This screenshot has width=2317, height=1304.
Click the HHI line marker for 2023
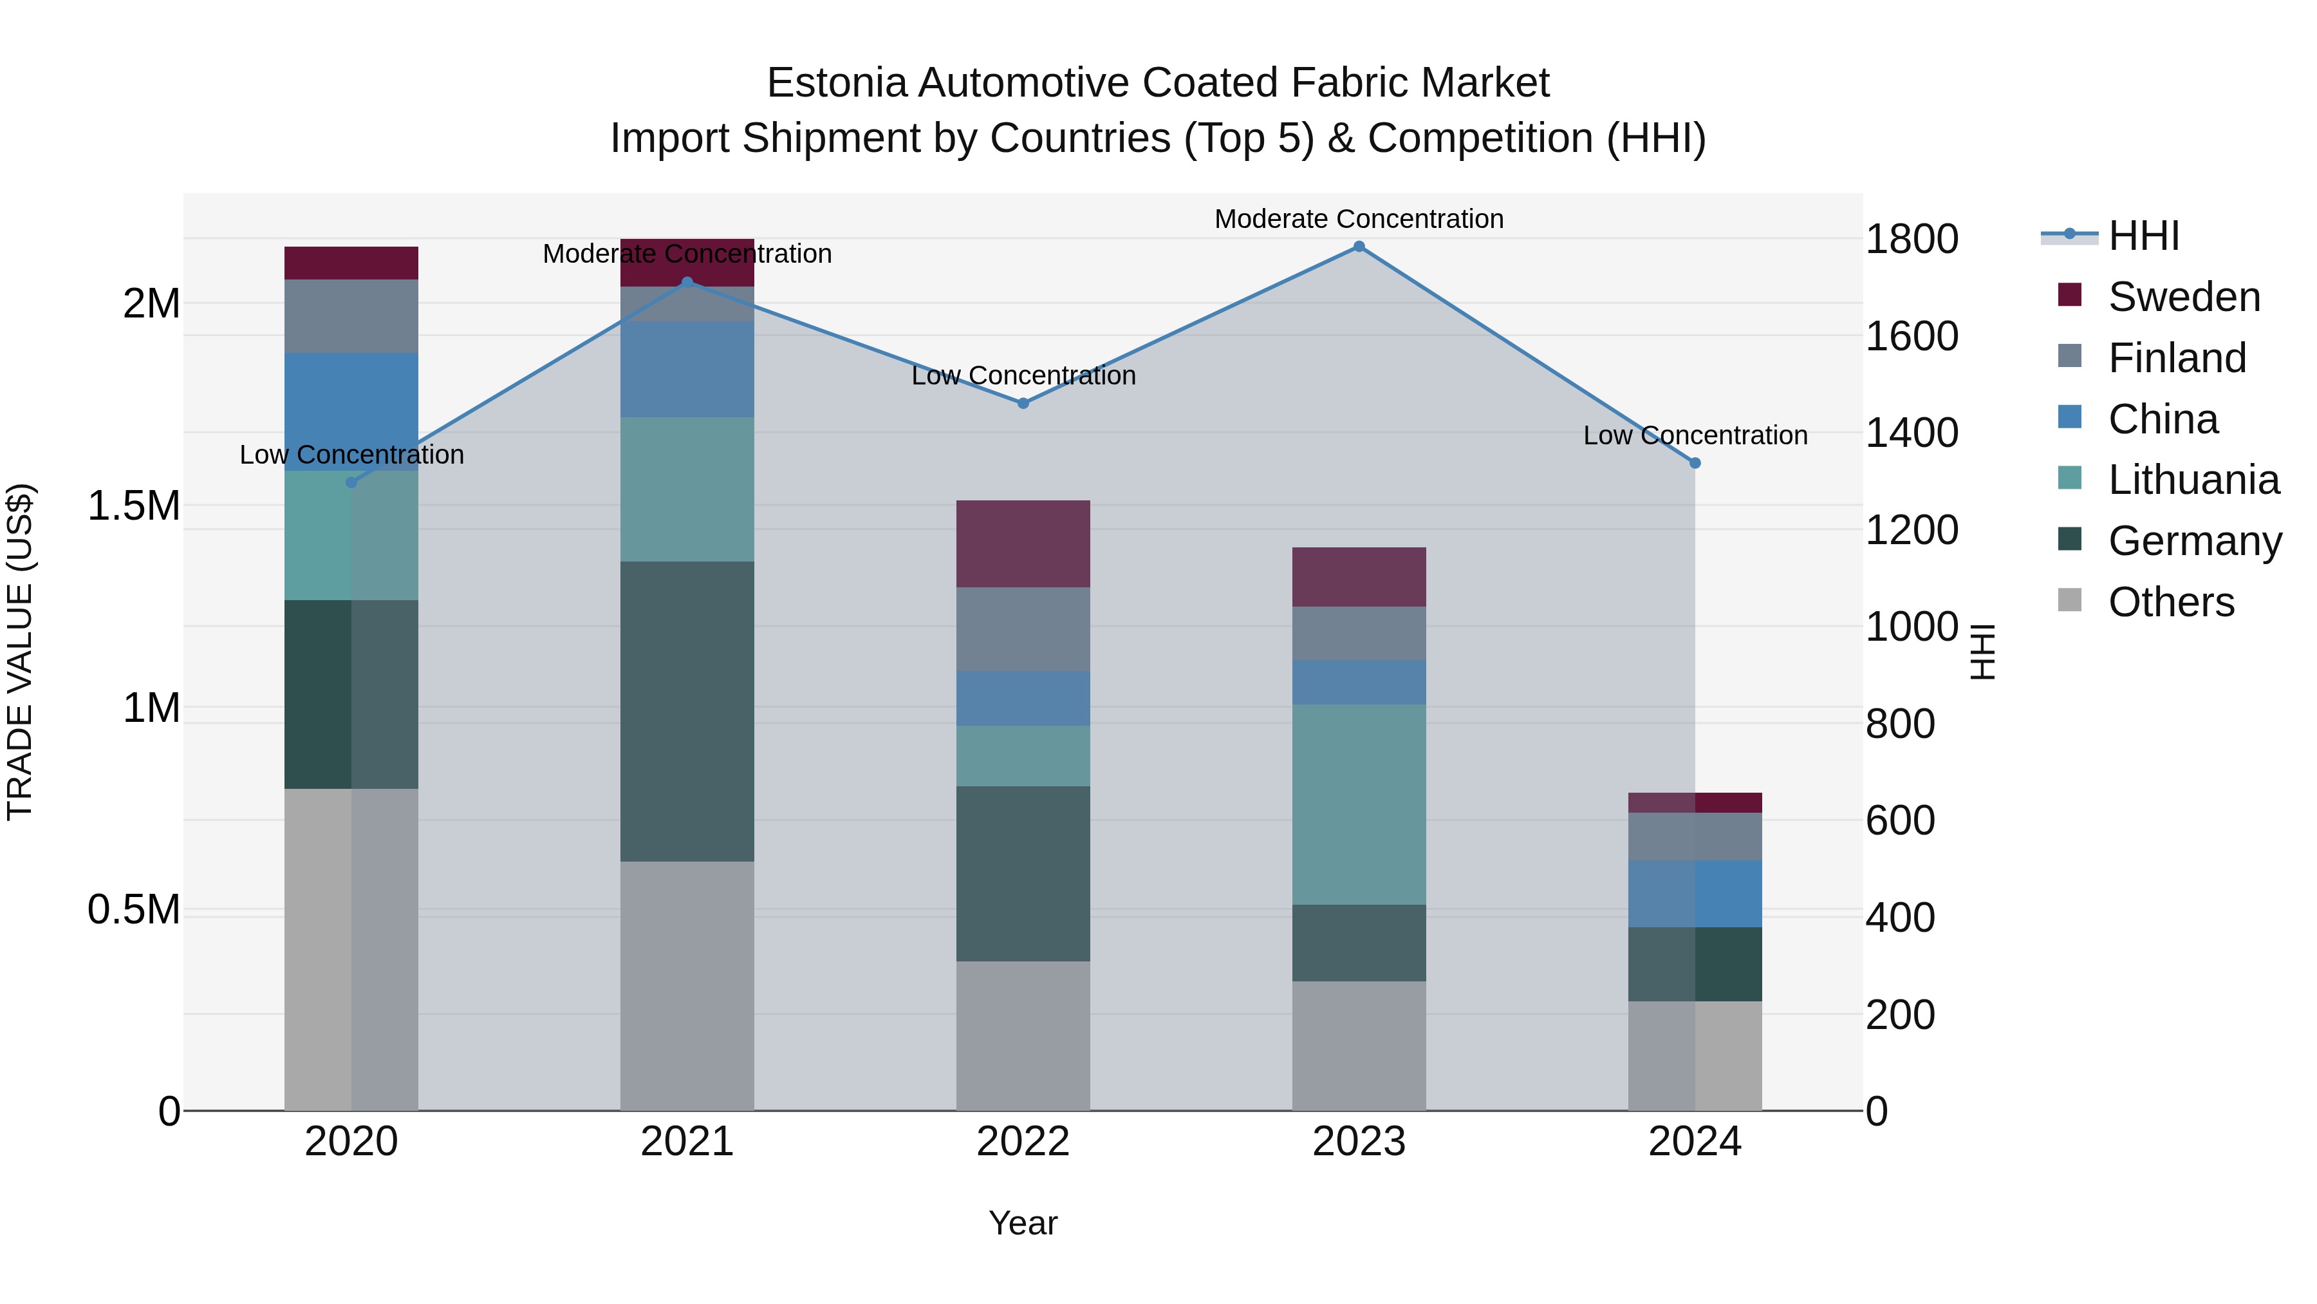(x=1359, y=247)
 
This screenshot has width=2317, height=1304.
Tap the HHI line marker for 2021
(x=687, y=283)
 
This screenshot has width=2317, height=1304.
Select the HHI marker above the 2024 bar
(x=1695, y=464)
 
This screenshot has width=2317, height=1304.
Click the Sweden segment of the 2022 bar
(x=1023, y=543)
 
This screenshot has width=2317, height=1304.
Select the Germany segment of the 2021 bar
(x=687, y=711)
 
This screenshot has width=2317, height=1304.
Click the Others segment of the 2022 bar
(x=1023, y=1035)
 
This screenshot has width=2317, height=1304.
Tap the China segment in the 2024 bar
(x=1695, y=894)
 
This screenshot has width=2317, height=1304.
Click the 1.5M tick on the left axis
(x=133, y=506)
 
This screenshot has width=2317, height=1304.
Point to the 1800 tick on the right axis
(x=1912, y=240)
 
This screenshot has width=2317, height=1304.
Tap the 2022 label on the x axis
(x=1023, y=1142)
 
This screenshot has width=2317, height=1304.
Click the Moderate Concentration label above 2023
(x=1359, y=219)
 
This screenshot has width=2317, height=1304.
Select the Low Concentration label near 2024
(x=1695, y=435)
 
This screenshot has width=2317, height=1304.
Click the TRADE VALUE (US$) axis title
(x=20, y=652)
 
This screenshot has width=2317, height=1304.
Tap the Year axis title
(x=1023, y=1223)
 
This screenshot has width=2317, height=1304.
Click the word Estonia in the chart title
(x=837, y=83)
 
